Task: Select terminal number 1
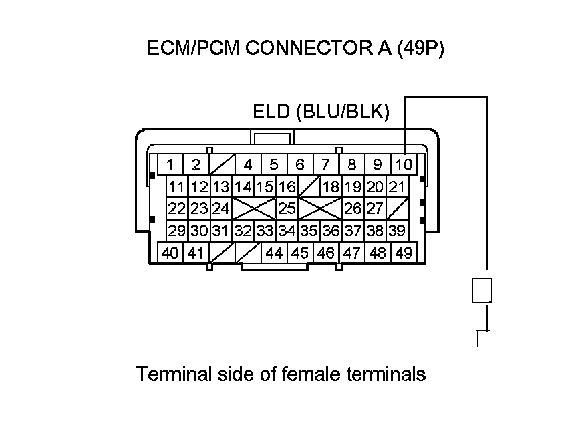(170, 164)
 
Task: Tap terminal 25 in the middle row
(287, 208)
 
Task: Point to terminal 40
(170, 253)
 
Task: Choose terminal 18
(331, 186)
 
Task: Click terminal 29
(177, 231)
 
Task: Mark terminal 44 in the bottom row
(274, 253)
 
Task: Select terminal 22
(177, 208)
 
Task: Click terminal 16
(287, 186)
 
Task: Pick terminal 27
(375, 208)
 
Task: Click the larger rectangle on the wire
(482, 291)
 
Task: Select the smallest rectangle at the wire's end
(484, 339)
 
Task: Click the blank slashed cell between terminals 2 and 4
(221, 164)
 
